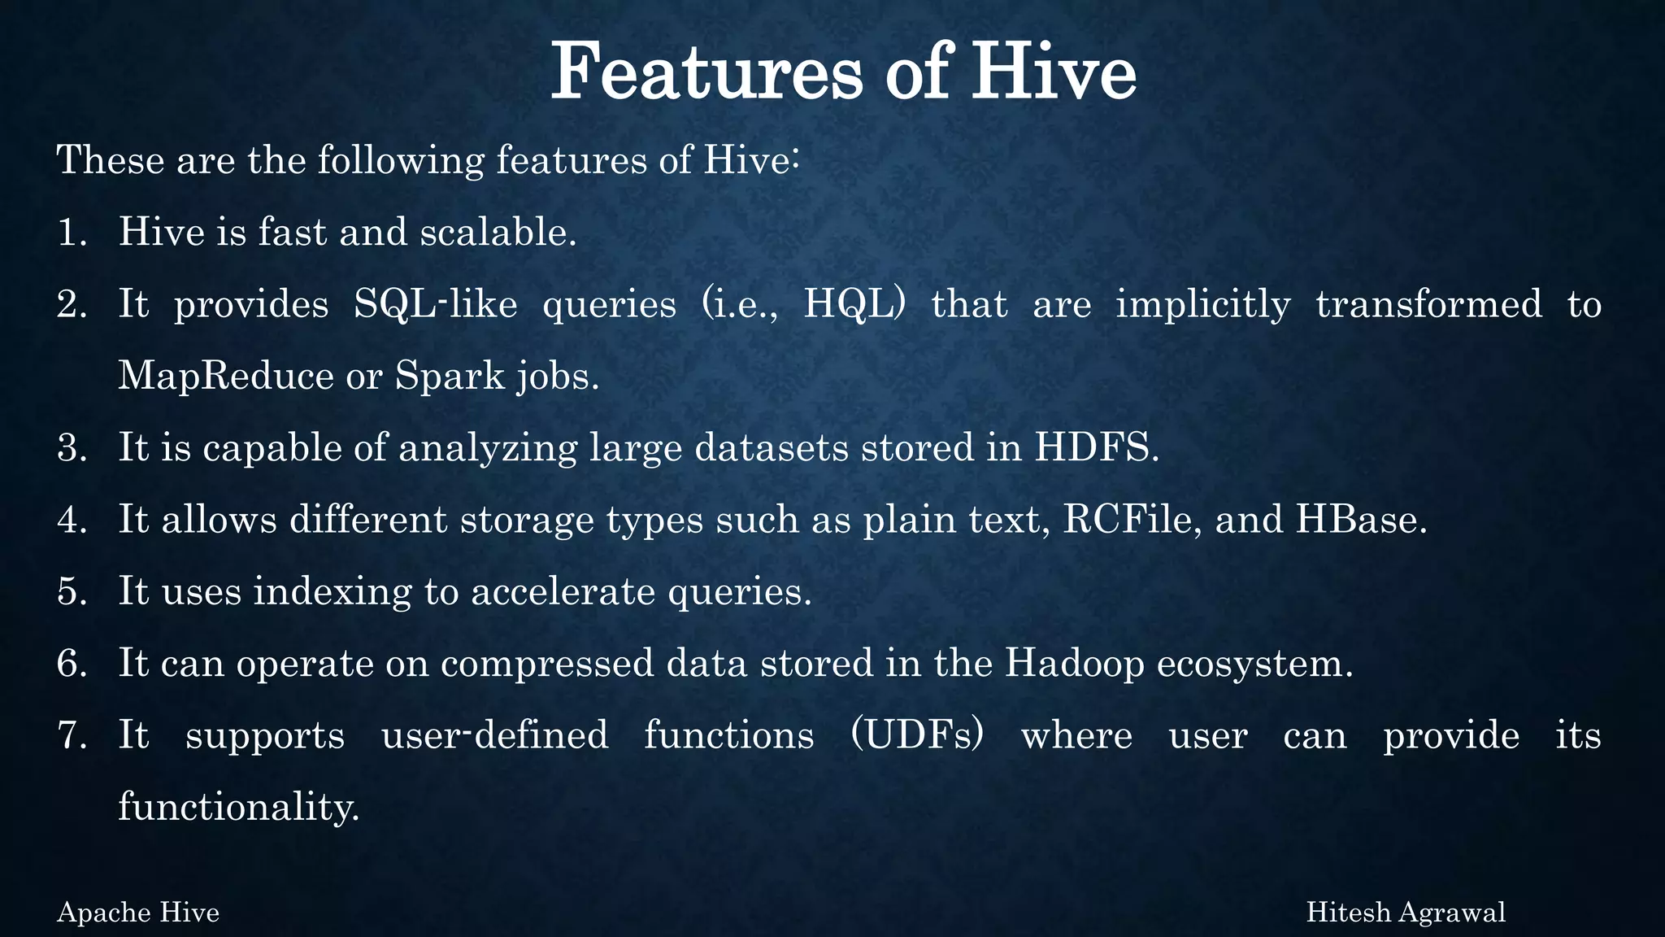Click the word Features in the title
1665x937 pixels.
coord(706,73)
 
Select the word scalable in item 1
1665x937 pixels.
coord(498,233)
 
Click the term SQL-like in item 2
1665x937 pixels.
coord(436,305)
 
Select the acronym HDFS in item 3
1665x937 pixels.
coord(1096,447)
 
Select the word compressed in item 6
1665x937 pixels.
coord(547,664)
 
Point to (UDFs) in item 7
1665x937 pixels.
coord(917,735)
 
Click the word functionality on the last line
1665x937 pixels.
coord(238,807)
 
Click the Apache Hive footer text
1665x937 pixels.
coord(138,913)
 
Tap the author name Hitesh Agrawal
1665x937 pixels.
coord(1406,913)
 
